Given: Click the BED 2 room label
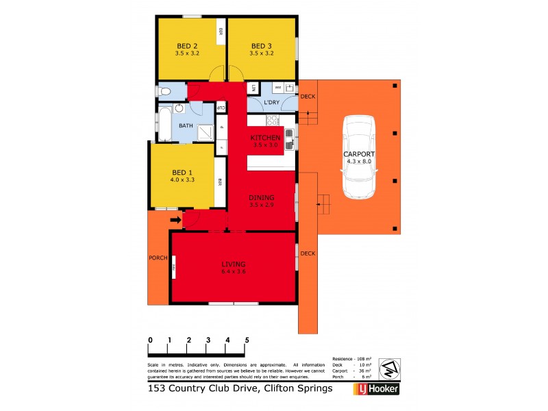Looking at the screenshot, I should (x=185, y=46).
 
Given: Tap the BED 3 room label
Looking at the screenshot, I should (x=261, y=46).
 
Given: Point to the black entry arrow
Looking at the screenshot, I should (x=175, y=220).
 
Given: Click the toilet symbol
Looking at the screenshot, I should (x=164, y=91).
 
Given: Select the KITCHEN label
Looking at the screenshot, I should (x=266, y=138).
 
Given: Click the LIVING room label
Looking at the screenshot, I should (x=233, y=264).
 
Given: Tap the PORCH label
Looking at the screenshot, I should (x=158, y=258).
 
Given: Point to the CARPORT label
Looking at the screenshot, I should (x=360, y=154).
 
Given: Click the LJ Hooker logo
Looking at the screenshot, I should (x=376, y=389).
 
